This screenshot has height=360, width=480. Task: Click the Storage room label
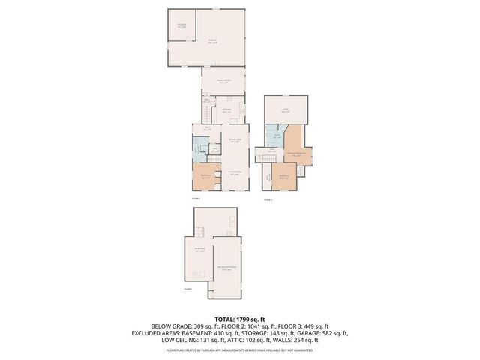coord(181,27)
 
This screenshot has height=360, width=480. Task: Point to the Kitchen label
coord(226,111)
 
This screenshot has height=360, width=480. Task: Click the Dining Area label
coord(234,140)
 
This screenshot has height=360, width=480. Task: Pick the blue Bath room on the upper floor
coord(277,136)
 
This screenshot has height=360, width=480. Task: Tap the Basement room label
coord(200,250)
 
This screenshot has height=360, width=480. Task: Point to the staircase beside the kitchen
coord(207,100)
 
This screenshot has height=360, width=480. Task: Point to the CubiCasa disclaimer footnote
coord(240,350)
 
